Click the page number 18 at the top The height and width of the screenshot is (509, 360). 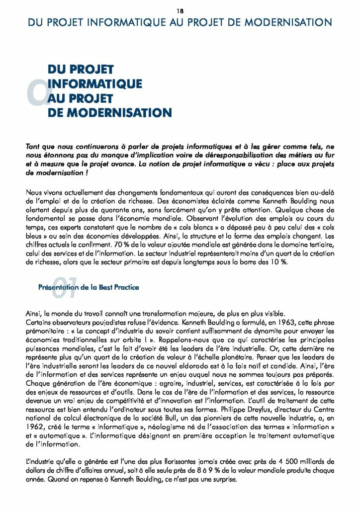(x=180, y=10)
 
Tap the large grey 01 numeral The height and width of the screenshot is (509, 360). (x=62, y=289)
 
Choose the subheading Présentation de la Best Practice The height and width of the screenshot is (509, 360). (x=89, y=287)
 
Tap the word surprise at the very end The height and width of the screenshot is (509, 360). (x=222, y=480)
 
